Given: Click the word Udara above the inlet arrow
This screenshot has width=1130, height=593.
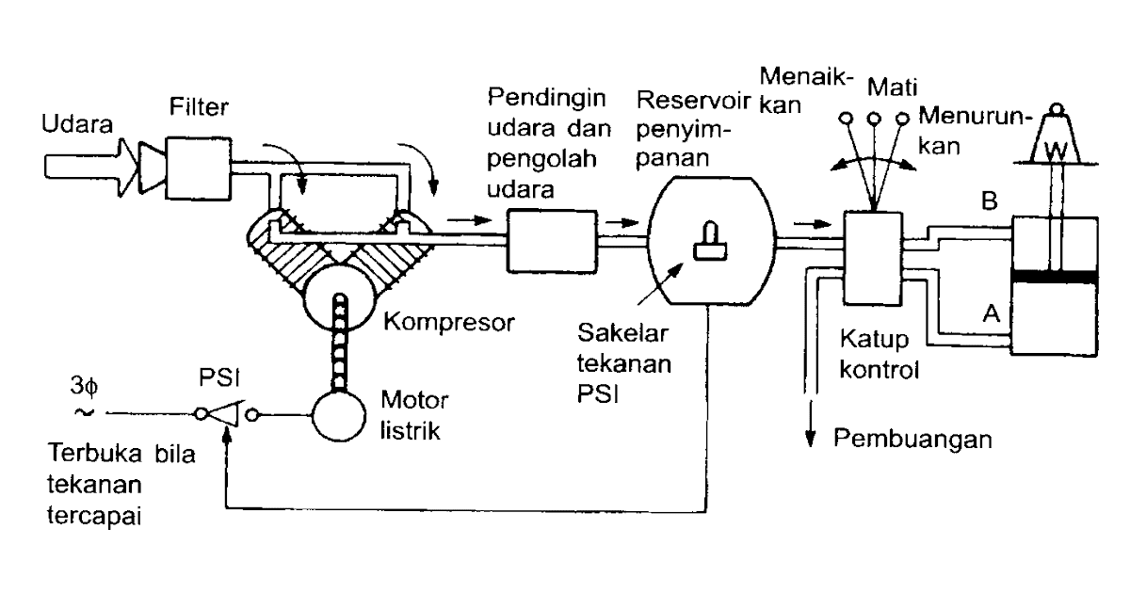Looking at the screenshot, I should pos(78,124).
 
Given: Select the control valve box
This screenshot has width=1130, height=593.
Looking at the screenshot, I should pos(872,257).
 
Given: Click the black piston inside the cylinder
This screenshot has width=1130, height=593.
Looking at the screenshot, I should pos(1054,276).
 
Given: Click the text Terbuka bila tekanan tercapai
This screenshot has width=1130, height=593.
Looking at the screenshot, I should pos(119,484).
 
